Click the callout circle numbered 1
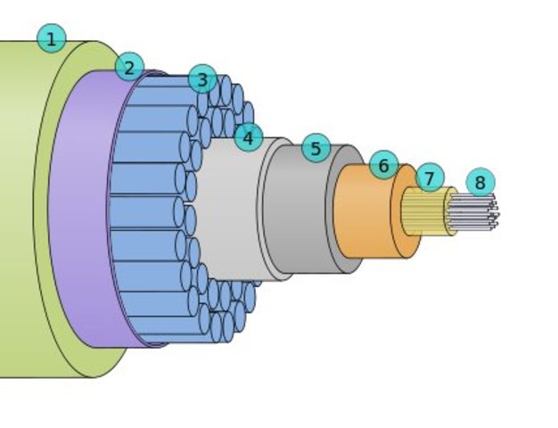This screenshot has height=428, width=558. click(51, 38)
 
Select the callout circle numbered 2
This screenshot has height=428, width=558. click(129, 66)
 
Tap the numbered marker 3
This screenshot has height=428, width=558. click(202, 79)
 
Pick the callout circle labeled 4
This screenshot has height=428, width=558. click(248, 137)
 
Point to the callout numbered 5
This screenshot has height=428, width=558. click(316, 148)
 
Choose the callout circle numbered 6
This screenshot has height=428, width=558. click(383, 165)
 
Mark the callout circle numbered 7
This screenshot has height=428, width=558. click(429, 177)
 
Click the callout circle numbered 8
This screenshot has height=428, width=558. click(480, 183)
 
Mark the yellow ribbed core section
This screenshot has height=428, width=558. click(424, 211)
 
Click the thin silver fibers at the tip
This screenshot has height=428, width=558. click(472, 212)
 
